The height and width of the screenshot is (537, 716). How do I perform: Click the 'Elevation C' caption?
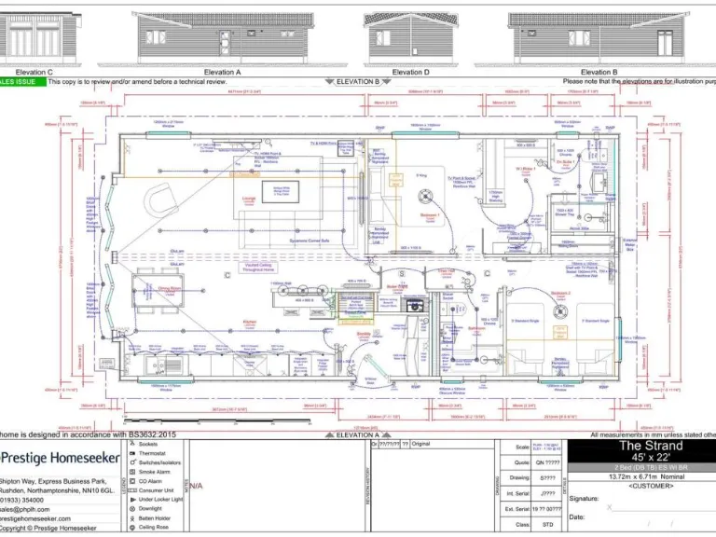[x=34, y=72]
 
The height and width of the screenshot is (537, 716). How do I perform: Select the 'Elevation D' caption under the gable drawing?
[x=407, y=72]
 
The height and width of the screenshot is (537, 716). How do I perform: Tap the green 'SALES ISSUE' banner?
[x=21, y=82]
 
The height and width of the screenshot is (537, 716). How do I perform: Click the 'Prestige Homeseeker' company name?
[x=61, y=458]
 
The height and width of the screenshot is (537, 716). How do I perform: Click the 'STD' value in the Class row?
[x=549, y=525]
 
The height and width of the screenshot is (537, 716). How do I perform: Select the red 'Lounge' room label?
[x=249, y=199]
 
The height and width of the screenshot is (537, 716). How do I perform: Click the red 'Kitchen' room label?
[x=250, y=320]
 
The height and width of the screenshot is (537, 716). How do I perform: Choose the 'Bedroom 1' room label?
[x=430, y=213]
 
